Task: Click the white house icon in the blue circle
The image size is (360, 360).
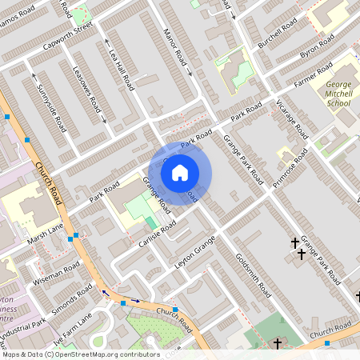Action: (x=180, y=172)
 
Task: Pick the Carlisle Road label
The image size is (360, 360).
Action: (x=157, y=232)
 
